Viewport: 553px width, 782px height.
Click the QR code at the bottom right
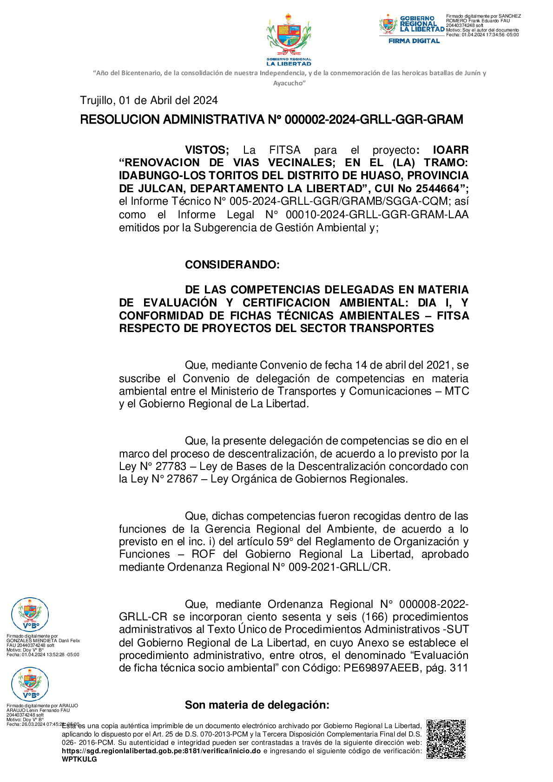[446, 739]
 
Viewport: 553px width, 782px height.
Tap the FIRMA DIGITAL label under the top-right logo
[414, 41]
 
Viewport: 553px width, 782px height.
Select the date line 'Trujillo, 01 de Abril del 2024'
[149, 100]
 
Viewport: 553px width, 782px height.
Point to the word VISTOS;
[207, 150]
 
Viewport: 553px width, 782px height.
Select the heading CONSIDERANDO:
[232, 265]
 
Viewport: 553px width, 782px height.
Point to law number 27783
[171, 466]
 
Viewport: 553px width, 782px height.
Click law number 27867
[182, 479]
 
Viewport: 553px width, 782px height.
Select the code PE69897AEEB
[381, 668]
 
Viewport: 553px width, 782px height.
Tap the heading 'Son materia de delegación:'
[257, 705]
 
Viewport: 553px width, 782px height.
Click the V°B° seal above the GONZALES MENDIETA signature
[30, 614]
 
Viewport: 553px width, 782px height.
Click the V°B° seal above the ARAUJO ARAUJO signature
[30, 684]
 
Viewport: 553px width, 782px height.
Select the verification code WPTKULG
[79, 759]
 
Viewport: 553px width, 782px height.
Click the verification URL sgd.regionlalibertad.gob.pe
[161, 751]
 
